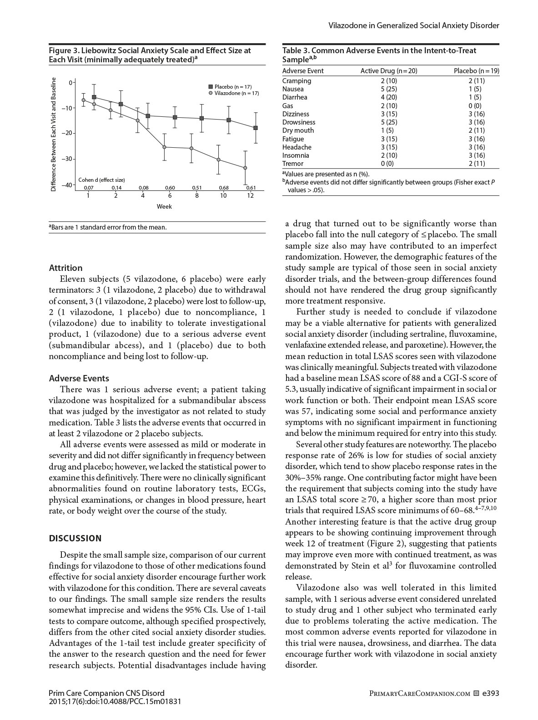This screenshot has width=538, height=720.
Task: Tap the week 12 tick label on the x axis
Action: click(251, 195)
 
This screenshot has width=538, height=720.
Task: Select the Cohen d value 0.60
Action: click(170, 187)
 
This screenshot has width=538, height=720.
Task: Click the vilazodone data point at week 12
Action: click(245, 168)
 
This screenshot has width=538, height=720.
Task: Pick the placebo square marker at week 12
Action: click(256, 128)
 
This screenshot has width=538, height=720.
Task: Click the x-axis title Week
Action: click(164, 206)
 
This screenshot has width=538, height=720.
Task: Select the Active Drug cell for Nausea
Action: click(389, 89)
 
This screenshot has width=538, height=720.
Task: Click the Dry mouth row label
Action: click(298, 130)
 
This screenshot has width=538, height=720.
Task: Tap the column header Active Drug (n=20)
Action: click(389, 71)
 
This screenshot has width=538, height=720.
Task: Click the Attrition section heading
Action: click(65, 268)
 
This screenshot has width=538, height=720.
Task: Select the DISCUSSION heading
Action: click(75, 538)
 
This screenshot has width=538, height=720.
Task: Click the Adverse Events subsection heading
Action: click(79, 378)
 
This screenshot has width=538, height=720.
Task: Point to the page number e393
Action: click(491, 693)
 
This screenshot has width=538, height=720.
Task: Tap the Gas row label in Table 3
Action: click(287, 105)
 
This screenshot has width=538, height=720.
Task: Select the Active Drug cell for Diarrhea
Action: click(389, 97)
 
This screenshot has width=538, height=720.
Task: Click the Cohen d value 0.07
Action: click(88, 187)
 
